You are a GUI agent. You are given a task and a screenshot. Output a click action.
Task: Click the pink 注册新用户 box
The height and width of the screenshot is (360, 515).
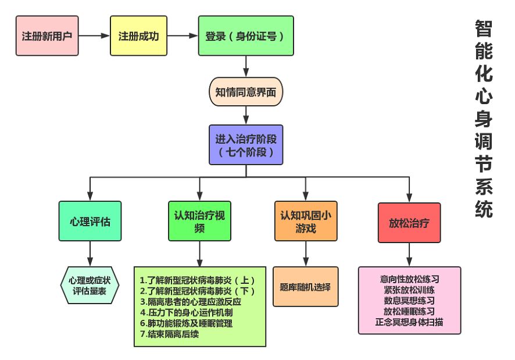tap(47, 35)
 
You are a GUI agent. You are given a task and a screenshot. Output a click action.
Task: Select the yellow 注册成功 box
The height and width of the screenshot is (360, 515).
tap(138, 35)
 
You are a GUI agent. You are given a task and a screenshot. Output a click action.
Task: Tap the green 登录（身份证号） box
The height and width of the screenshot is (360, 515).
tap(245, 35)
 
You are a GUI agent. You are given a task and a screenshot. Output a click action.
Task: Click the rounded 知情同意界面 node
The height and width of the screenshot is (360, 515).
tap(246, 92)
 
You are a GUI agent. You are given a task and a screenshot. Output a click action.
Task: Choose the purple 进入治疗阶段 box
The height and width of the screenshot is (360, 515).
tap(246, 144)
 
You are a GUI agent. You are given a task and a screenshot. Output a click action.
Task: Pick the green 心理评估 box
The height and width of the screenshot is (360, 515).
tap(90, 221)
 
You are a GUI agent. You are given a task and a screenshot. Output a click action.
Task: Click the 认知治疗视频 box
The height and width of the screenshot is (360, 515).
tap(199, 221)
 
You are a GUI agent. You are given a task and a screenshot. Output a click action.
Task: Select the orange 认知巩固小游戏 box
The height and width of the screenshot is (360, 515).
tap(306, 221)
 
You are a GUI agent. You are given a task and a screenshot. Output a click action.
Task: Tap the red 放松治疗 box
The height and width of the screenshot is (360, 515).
tap(409, 222)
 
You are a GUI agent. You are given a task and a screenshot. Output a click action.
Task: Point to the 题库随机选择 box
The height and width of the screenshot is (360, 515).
tap(306, 286)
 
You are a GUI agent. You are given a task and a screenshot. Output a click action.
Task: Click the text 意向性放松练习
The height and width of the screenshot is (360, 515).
tap(409, 279)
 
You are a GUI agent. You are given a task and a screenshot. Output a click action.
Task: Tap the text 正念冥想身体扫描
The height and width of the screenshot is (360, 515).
tap(409, 321)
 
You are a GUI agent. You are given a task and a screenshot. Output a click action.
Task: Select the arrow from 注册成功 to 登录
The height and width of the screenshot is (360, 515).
tap(182, 35)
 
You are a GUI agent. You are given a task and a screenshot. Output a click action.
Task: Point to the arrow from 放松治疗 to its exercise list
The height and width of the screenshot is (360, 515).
tap(409, 254)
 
